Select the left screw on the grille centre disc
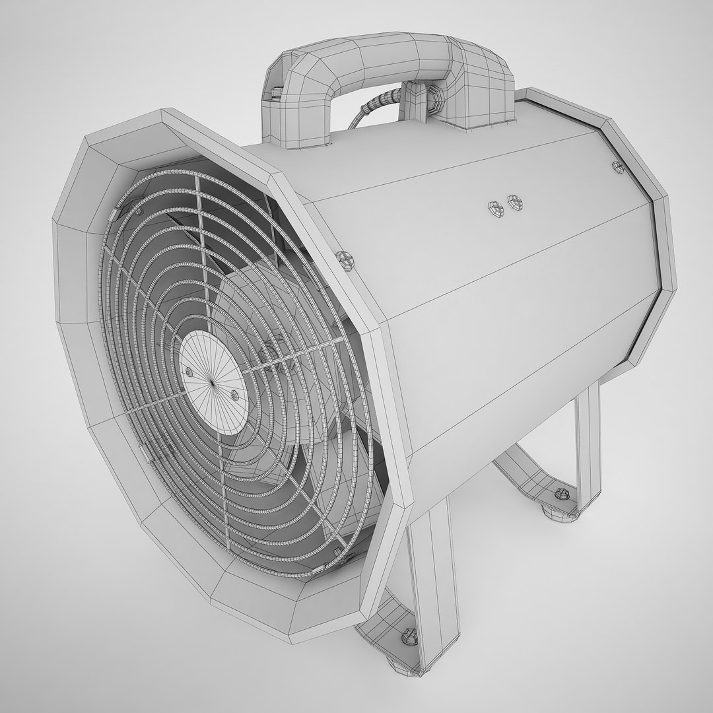(190, 372)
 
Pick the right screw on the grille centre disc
(234, 394)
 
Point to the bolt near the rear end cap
(618, 166)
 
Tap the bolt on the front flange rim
(343, 258)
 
